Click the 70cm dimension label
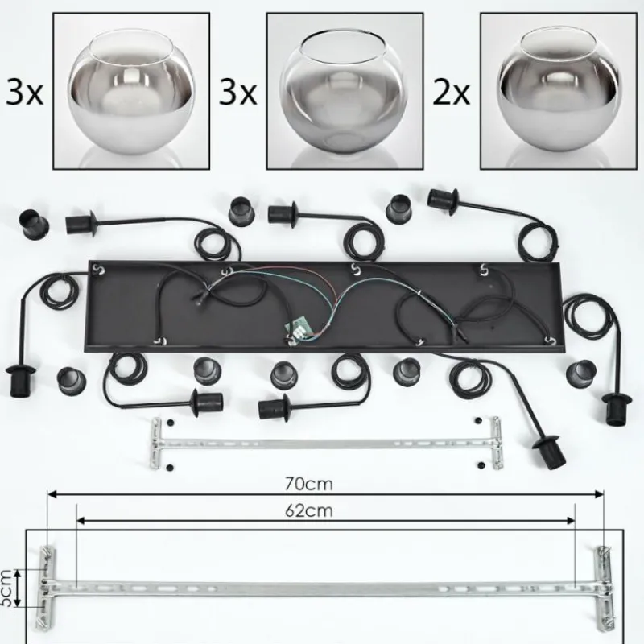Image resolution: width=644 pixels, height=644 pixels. click(x=309, y=485)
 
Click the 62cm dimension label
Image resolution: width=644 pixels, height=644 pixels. click(x=309, y=510)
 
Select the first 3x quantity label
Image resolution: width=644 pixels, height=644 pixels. click(x=25, y=93)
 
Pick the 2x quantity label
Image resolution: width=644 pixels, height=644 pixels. click(x=451, y=93)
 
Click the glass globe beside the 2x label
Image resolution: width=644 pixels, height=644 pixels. click(x=559, y=89)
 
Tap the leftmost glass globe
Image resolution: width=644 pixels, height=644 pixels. click(x=131, y=89)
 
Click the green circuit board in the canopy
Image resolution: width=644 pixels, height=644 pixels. click(x=298, y=329)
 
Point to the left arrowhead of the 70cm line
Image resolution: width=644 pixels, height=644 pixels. click(x=52, y=494)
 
